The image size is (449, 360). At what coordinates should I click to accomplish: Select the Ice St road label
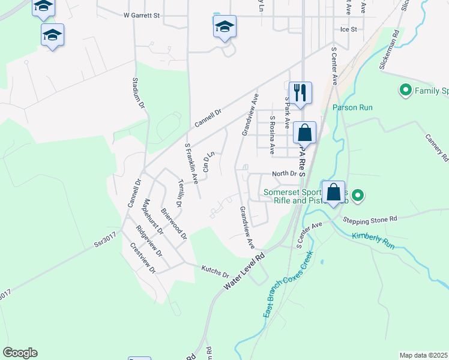349,29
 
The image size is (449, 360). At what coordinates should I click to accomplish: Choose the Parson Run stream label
353,108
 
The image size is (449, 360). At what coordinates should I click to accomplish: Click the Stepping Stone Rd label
370,220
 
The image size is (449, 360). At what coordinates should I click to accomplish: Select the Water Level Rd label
244,272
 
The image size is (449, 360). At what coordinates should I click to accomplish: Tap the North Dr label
285,174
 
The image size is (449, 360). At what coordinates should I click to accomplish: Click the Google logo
20,353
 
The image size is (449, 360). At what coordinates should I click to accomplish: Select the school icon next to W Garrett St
224,27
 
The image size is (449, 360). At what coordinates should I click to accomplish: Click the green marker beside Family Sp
405,91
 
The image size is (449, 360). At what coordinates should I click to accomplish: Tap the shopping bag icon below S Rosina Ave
305,133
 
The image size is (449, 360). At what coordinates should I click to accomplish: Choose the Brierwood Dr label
174,224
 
